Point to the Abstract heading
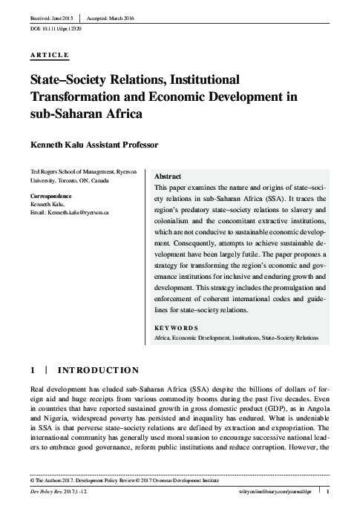click(167, 177)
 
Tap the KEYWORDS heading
click(176, 327)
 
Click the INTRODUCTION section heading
click(99, 369)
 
